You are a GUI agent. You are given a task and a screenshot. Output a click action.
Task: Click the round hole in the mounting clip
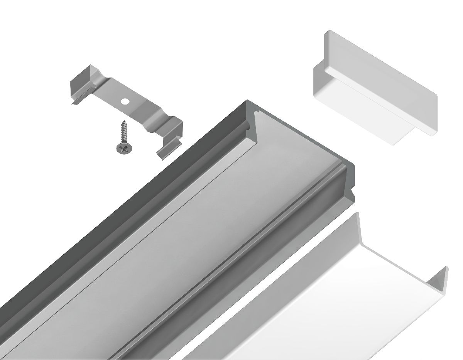point(125,102)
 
